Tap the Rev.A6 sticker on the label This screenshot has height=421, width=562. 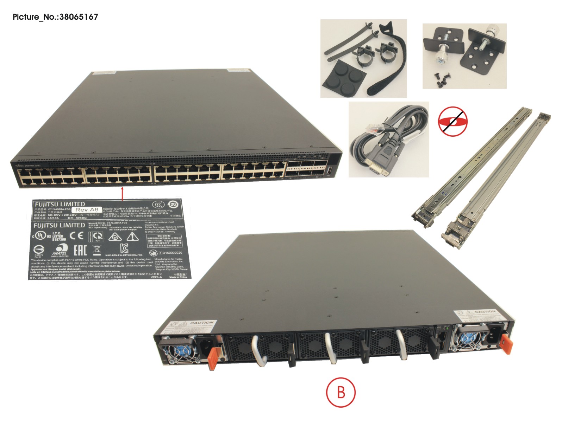tap(87, 210)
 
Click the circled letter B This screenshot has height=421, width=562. tap(341, 392)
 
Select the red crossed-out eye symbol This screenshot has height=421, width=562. tap(452, 122)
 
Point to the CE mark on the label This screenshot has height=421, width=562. tap(76, 235)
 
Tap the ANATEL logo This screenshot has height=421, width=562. tap(60, 250)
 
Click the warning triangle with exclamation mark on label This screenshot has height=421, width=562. tap(132, 236)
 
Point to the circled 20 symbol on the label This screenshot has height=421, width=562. tap(173, 205)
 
